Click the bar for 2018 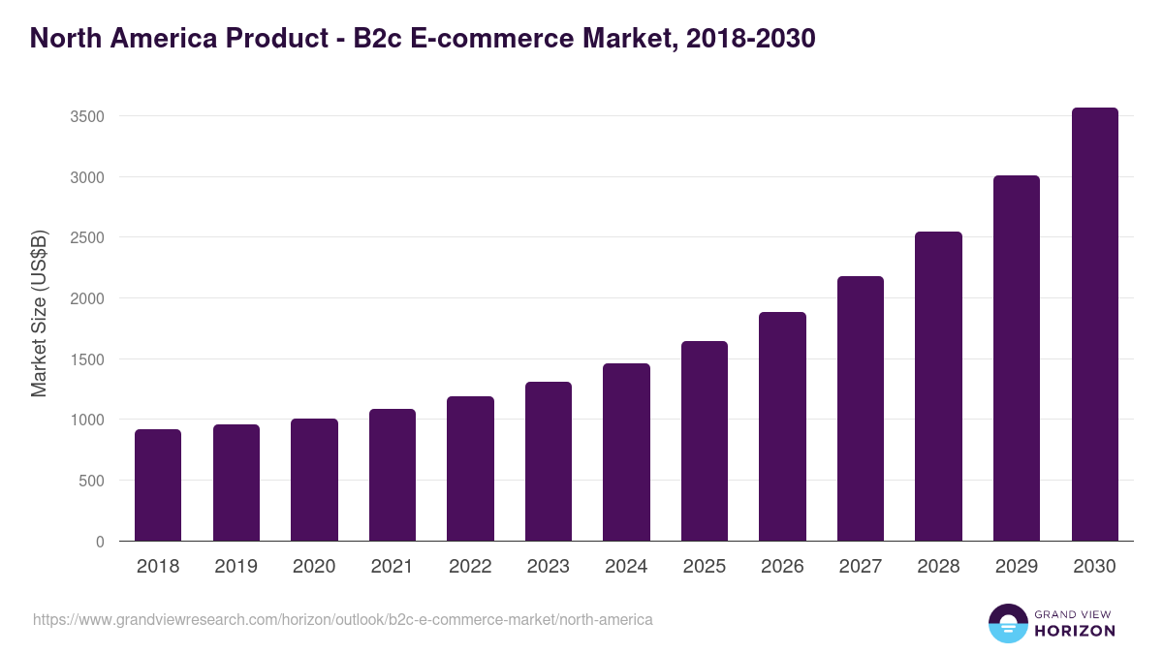pyautogui.click(x=158, y=484)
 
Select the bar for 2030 pyautogui.click(x=1094, y=325)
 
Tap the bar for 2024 pyautogui.click(x=626, y=452)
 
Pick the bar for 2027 pyautogui.click(x=861, y=409)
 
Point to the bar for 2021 pyautogui.click(x=392, y=475)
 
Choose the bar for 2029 pyautogui.click(x=1017, y=358)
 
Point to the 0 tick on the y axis pyautogui.click(x=100, y=542)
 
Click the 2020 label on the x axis pyautogui.click(x=314, y=567)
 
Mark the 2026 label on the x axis pyautogui.click(x=782, y=567)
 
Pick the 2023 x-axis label pyautogui.click(x=548, y=567)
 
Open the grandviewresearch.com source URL pyautogui.click(x=343, y=619)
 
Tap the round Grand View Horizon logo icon pyautogui.click(x=1008, y=623)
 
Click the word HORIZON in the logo pyautogui.click(x=1075, y=631)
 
